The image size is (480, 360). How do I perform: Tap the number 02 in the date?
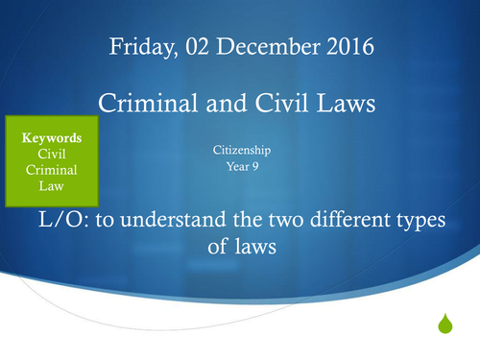(189, 47)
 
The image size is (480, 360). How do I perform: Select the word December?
(248, 47)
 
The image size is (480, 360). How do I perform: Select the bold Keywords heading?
(51, 137)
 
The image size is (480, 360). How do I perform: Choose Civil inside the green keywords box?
(51, 154)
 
